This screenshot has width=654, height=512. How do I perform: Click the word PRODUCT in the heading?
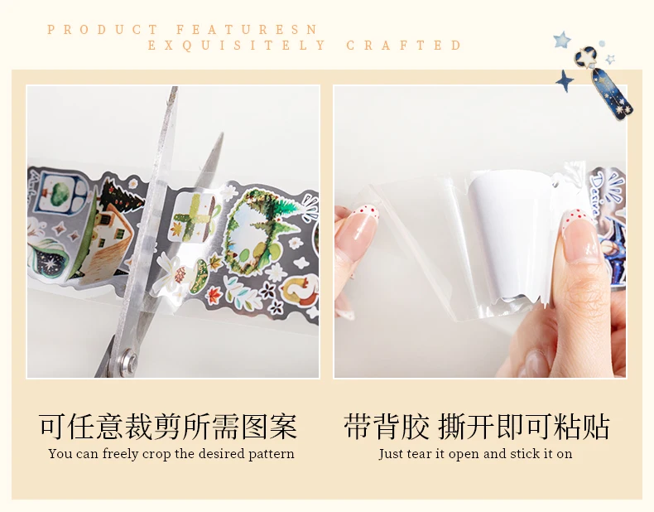pos(102,30)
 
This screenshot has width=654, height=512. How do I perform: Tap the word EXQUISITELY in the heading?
pos(237,45)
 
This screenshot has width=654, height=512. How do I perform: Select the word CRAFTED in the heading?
pos(404,45)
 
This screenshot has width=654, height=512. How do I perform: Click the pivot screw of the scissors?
pos(127,360)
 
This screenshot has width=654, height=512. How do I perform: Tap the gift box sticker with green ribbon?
pos(193,217)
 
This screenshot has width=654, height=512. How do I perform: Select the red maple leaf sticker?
pos(214,296)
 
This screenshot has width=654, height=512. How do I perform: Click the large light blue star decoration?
pos(561,40)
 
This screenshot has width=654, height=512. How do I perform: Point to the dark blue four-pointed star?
pos(565,80)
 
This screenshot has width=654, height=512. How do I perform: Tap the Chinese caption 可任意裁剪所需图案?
pos(168,427)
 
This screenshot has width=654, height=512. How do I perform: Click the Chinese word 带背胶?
pos(387,427)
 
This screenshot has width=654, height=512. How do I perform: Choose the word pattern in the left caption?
pos(272,454)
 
